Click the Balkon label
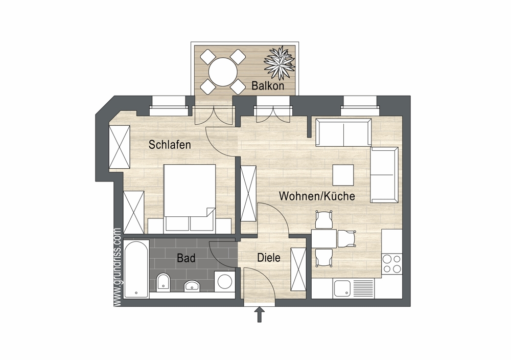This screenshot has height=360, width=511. pos(268,86)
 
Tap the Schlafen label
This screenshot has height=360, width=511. pos(170,144)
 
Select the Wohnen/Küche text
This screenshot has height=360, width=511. pos(317,196)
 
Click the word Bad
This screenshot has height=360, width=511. pos(186,258)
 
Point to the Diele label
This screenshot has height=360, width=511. pos(269,258)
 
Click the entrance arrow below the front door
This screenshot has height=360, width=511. pos(260,314)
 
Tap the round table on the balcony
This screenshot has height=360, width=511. pos(223,72)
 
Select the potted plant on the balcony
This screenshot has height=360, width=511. pos(280,63)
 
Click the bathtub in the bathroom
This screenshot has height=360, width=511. pos(136,269)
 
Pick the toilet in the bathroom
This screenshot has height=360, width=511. pos(163,282)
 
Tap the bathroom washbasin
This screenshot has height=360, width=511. pos(193,286)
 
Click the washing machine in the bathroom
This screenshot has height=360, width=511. pos(224,282)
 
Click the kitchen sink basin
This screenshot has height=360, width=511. pos(341,289)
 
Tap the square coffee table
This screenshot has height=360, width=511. pos(343,175)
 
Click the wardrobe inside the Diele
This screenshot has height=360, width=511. pos(298,269)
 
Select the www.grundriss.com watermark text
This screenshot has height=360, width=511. pos(118,267)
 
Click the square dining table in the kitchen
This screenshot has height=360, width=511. pos(324,239)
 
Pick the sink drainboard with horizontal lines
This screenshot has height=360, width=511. pos(362,289)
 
